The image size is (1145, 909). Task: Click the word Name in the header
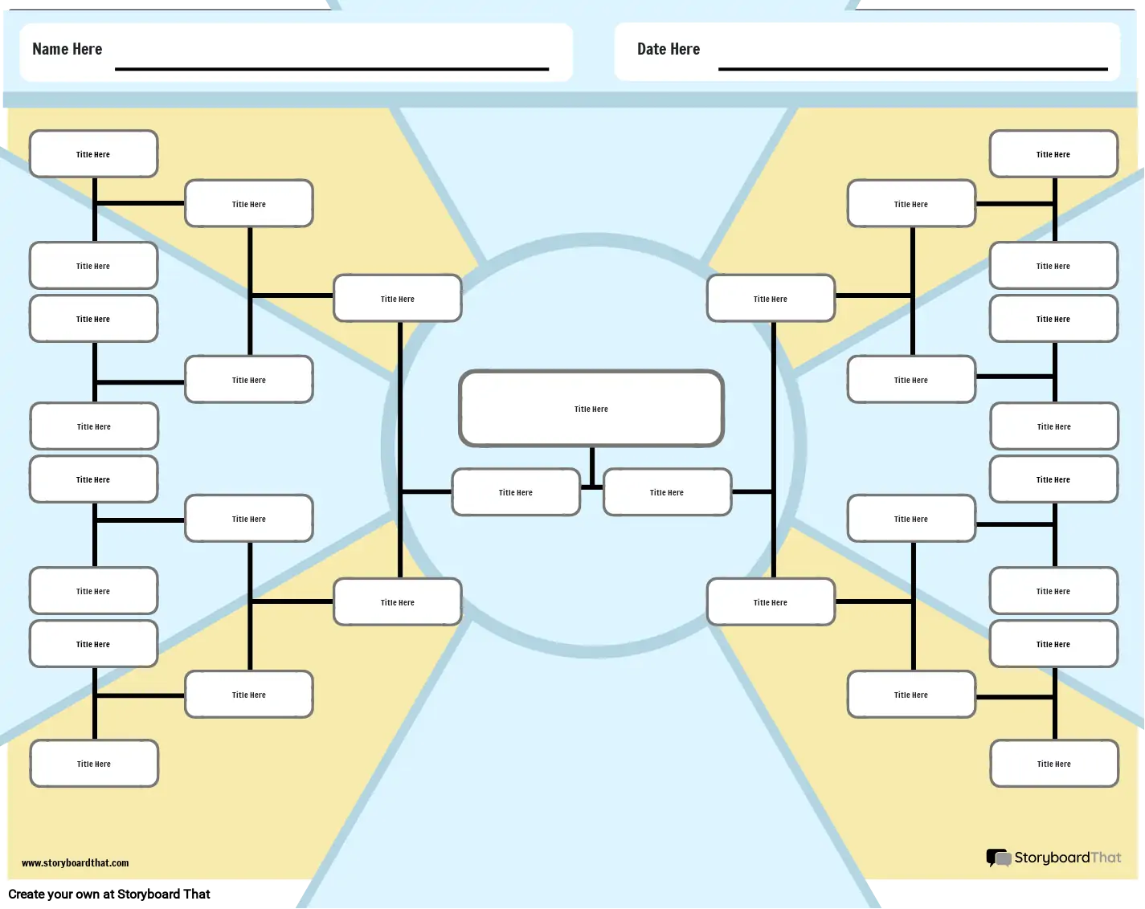51,49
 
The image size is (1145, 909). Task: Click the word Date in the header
652,49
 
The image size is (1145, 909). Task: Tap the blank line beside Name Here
331,69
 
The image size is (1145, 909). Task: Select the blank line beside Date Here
913,69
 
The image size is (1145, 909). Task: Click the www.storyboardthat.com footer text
75,863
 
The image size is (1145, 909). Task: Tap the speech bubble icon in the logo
998,858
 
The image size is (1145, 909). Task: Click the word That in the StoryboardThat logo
1106,858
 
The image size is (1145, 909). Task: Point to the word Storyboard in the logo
1052,858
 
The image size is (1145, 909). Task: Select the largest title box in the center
591,409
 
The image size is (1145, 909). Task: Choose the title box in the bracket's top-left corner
93,154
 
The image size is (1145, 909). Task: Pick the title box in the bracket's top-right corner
1053,154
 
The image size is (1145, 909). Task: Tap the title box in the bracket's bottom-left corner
94,764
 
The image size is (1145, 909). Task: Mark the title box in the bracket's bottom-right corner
1054,764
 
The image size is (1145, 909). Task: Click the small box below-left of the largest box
516,492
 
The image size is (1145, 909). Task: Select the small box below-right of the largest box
667,492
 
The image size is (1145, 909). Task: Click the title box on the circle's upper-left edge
398,299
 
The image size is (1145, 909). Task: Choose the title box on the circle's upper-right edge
771,299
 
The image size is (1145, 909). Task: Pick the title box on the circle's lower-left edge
398,602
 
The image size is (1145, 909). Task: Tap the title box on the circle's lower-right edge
771,602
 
